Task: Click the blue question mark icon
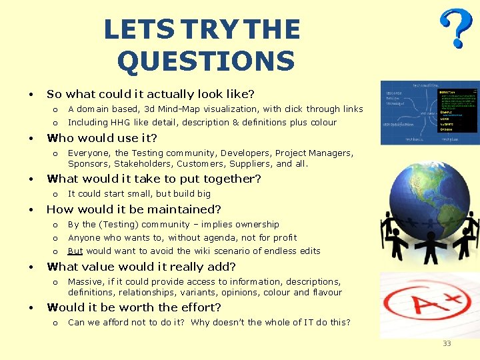458,29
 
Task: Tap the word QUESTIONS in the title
205,62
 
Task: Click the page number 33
447,343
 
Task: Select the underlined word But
75,251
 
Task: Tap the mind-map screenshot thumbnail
429,113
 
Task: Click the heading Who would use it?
101,139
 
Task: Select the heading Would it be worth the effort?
133,307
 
